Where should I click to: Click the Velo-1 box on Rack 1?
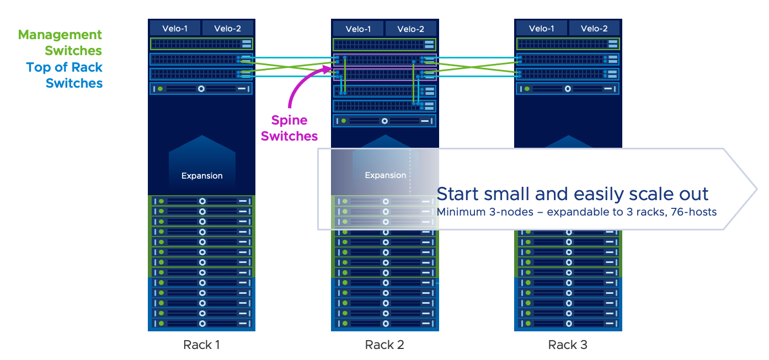click(x=175, y=28)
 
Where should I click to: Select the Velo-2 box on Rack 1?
click(x=228, y=28)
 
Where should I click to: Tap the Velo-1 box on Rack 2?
click(x=358, y=29)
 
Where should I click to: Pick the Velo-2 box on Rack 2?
click(x=410, y=29)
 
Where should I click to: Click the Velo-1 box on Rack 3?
click(x=541, y=28)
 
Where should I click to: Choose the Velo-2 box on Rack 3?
click(x=594, y=28)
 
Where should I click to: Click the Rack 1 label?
click(x=201, y=345)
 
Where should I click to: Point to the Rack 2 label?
click(x=384, y=345)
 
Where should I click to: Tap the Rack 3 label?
click(x=568, y=345)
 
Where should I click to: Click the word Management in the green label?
click(x=60, y=35)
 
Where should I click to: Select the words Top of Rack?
click(x=64, y=67)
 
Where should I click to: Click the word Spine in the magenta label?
click(x=290, y=120)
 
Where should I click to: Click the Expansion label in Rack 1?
click(x=202, y=176)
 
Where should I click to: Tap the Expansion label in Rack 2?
click(x=385, y=175)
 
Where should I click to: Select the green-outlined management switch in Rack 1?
click(x=201, y=44)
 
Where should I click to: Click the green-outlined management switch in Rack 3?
click(x=568, y=44)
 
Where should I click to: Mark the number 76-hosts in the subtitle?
click(x=694, y=212)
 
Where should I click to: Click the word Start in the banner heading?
click(x=458, y=194)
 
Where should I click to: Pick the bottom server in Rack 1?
click(x=201, y=323)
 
